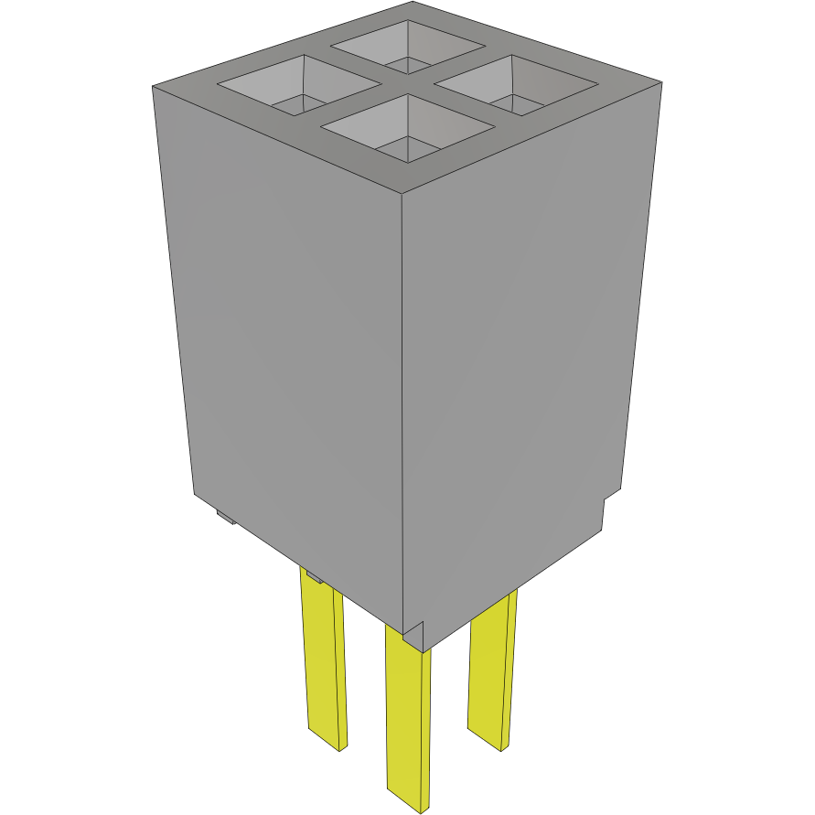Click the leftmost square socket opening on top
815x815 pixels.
(297, 86)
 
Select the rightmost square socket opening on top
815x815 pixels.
(516, 86)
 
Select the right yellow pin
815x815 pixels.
(491, 668)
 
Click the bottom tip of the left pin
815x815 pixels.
(327, 743)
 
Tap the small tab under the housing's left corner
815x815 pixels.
(225, 520)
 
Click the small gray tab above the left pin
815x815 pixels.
(313, 577)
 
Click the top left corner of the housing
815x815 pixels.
(153, 86)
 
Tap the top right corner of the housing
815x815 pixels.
(660, 82)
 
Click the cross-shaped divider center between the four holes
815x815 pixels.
(407, 86)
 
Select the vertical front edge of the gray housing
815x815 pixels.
(404, 412)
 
